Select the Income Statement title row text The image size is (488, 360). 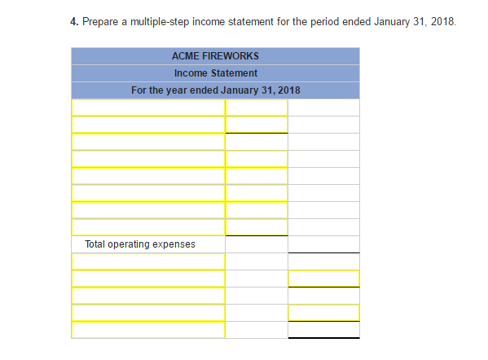215,73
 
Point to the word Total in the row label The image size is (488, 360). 95,244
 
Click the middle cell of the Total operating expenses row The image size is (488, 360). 256,244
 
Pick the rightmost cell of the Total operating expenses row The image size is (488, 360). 323,244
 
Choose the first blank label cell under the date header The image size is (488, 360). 147,108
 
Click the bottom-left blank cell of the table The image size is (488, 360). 147,330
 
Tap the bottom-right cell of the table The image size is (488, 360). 323,330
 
